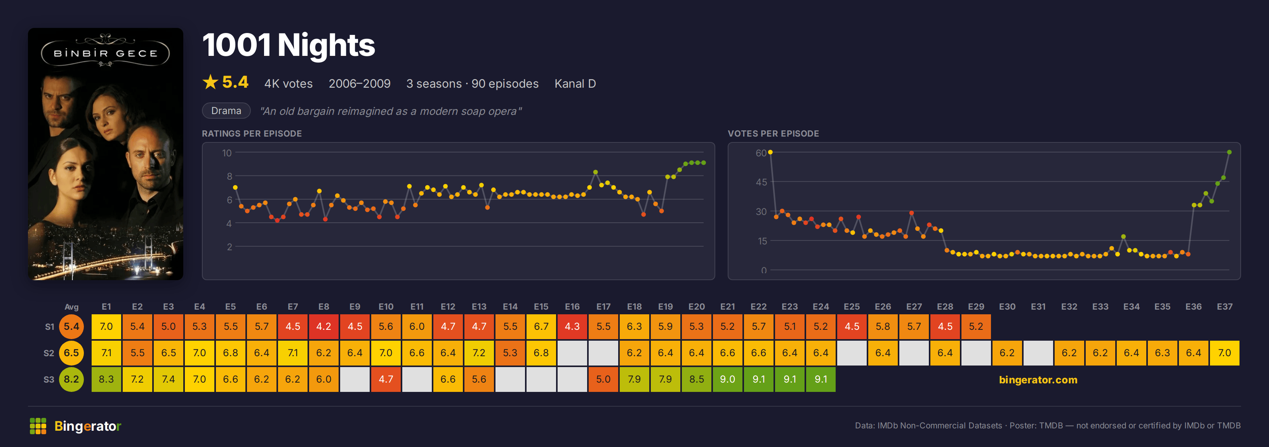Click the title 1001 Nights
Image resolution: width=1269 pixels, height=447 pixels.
[x=289, y=45]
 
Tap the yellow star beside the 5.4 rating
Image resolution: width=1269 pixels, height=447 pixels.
[x=210, y=82]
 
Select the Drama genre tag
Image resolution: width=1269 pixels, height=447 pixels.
[x=226, y=111]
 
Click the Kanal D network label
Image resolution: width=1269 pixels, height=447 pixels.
[x=575, y=84]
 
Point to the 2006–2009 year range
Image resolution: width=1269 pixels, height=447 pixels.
[x=360, y=84]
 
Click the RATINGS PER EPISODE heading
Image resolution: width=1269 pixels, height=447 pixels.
[x=252, y=133]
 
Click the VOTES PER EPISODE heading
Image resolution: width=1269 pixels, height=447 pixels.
[x=774, y=133]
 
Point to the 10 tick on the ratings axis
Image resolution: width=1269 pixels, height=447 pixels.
[x=227, y=153]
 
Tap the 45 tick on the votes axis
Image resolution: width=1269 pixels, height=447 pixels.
[x=761, y=182]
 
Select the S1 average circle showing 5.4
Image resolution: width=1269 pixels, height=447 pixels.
[x=71, y=326]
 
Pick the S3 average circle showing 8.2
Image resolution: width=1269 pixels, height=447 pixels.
[x=71, y=379]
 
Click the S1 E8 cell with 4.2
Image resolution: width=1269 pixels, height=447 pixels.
[x=323, y=326]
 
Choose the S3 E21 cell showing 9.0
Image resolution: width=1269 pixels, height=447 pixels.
[x=727, y=379]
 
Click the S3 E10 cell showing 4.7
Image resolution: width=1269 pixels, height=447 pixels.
[x=386, y=379]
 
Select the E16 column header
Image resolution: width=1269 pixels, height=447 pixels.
[x=572, y=307]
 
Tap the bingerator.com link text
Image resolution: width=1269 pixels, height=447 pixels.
[x=1038, y=379]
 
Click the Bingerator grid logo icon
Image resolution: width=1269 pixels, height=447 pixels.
[x=38, y=426]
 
